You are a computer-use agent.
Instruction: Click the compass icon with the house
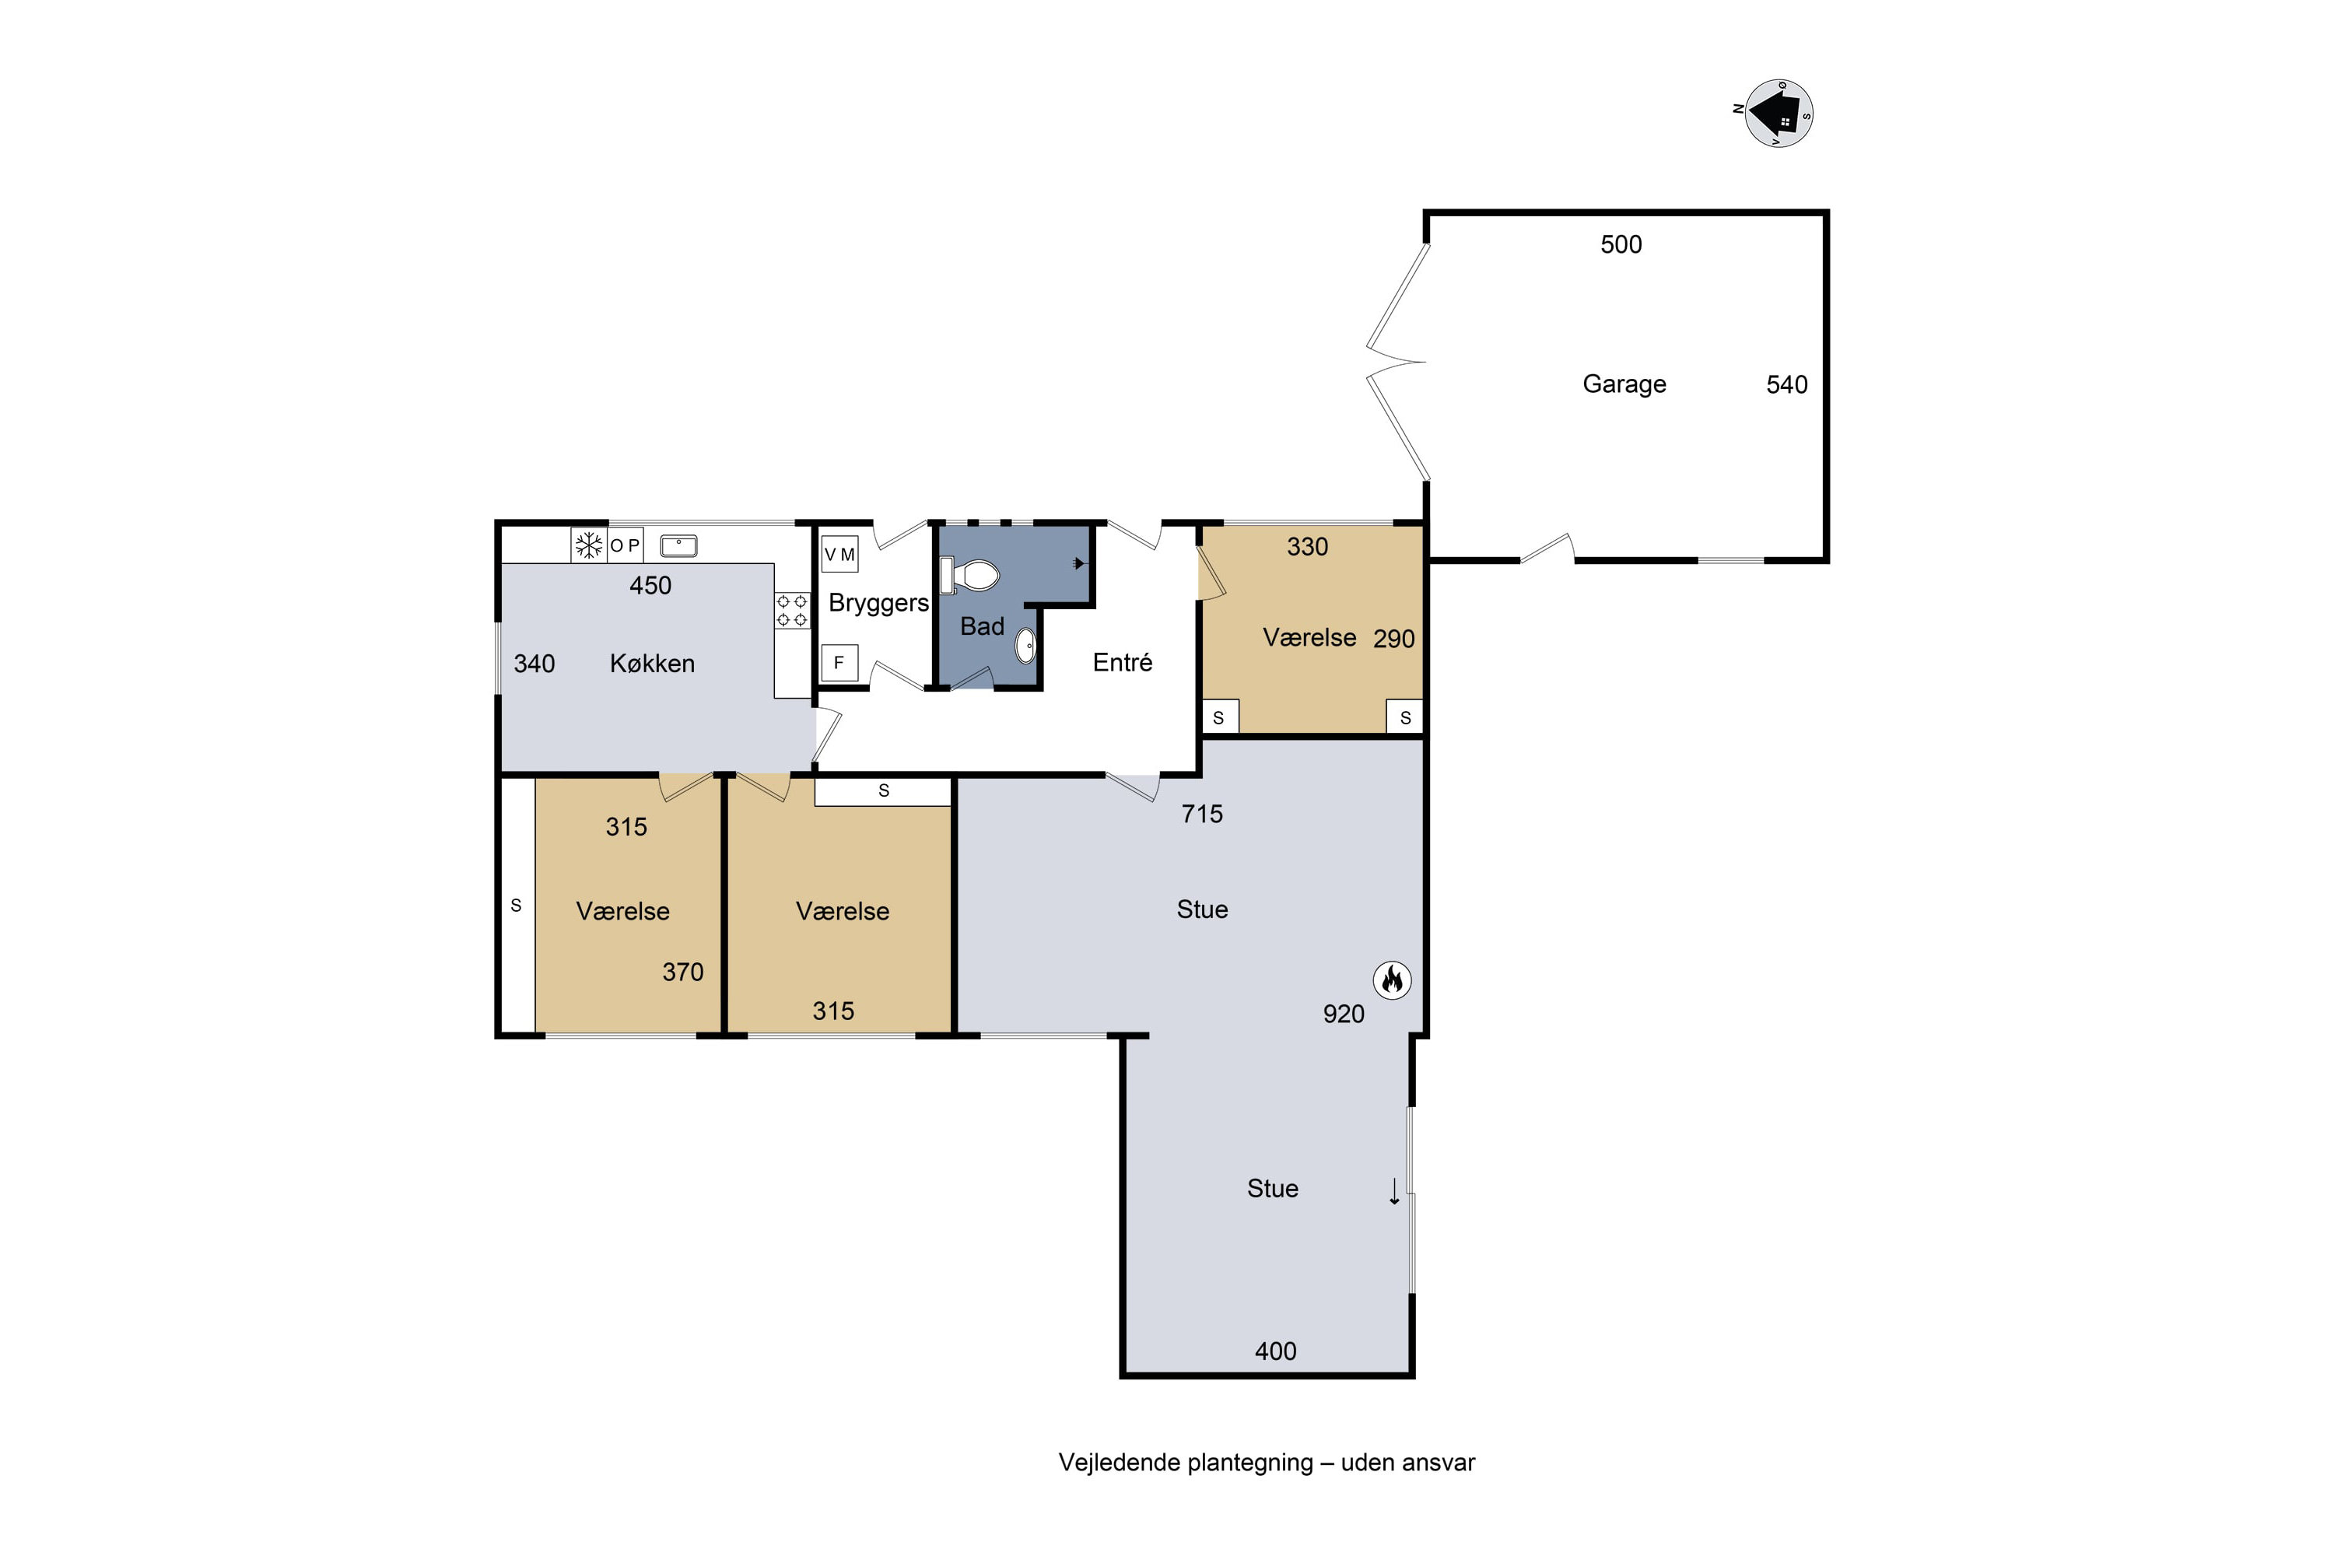[1779, 113]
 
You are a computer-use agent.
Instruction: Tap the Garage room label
[1624, 384]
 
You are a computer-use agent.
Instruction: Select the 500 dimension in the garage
[1621, 244]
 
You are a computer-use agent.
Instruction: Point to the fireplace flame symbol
[1393, 980]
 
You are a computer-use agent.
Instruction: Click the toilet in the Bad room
[969, 576]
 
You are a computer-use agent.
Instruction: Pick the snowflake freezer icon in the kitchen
[590, 545]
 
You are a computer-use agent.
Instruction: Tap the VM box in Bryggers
[839, 555]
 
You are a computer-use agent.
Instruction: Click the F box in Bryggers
[839, 663]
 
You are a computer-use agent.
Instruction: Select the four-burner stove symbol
[792, 610]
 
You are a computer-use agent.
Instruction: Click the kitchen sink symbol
[678, 545]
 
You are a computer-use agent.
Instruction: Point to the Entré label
[1123, 663]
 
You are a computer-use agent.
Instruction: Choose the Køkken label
[652, 663]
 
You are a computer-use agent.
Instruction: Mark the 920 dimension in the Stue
[1344, 1013]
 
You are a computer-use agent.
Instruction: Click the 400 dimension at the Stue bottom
[1275, 1351]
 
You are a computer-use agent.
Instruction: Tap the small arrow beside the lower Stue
[1394, 1191]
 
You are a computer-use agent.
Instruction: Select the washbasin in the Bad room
[1026, 646]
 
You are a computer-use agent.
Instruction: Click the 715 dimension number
[1202, 814]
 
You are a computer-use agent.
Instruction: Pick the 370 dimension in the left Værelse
[683, 972]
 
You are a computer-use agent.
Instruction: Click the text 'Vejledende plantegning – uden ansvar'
[1267, 1463]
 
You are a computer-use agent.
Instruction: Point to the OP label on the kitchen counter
[626, 545]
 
